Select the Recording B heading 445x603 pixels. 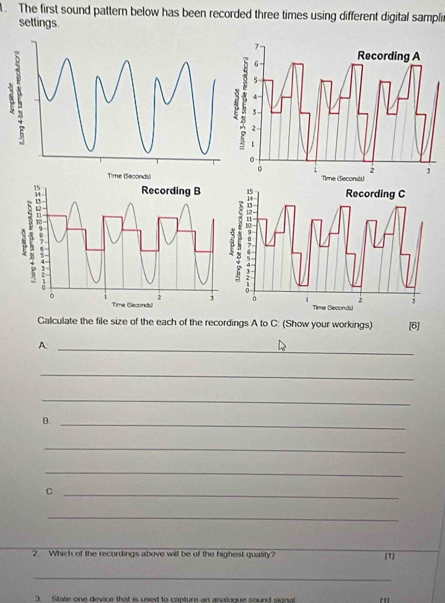click(x=171, y=190)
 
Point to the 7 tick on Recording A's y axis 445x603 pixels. click(x=255, y=48)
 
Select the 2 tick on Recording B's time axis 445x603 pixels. click(x=159, y=297)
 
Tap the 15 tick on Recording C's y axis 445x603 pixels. click(x=250, y=191)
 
